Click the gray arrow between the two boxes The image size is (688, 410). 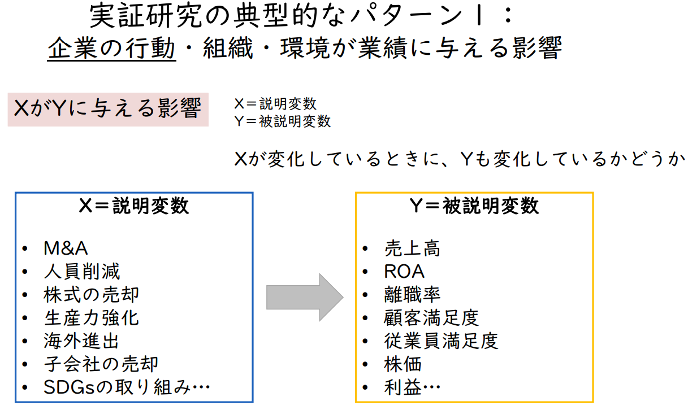tap(304, 297)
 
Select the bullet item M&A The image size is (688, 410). tap(66, 248)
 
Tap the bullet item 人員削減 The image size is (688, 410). tap(82, 272)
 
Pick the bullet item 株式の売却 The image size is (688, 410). tap(91, 295)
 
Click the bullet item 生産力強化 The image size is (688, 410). tap(91, 318)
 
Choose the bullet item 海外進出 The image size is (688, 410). tap(81, 341)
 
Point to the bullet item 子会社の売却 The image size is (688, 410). tap(101, 364)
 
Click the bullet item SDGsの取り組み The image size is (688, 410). tap(127, 387)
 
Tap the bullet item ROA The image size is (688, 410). tap(404, 272)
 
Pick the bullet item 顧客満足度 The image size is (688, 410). tap(431, 318)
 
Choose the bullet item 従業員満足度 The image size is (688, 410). tap(440, 341)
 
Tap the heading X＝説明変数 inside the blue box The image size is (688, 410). tap(134, 206)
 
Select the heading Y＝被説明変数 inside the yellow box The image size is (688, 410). tap(474, 206)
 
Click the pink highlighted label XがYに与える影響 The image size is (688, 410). tap(108, 109)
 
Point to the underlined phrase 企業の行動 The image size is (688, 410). tap(111, 49)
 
